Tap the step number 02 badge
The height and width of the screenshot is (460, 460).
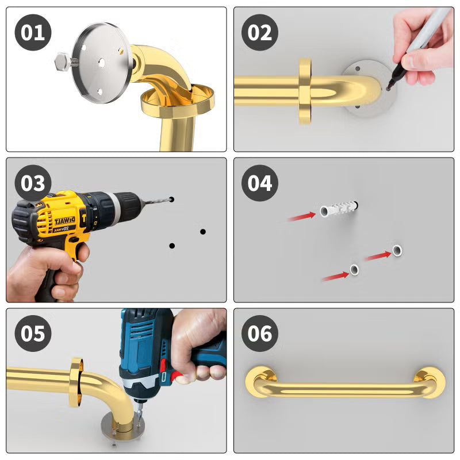coord(260,32)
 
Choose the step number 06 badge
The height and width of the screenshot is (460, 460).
coord(260,333)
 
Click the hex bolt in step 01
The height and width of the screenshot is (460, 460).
coord(62,60)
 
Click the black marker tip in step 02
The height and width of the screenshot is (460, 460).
coord(390,86)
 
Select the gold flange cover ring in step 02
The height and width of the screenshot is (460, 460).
coord(305,90)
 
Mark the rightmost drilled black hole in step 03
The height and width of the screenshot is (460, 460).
coord(203,232)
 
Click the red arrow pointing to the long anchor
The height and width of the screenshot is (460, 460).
coord(302,217)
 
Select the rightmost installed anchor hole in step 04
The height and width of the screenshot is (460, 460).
coord(397,250)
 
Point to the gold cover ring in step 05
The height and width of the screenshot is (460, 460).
coord(75,382)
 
